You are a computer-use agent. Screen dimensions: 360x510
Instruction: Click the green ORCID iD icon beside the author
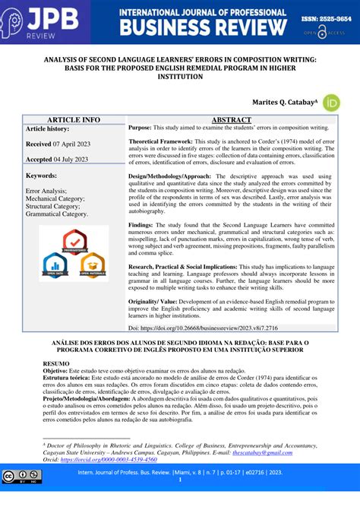tap(331, 103)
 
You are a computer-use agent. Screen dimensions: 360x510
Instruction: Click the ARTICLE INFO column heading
tap(74, 120)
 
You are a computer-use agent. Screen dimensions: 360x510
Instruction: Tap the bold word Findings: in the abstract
tap(141, 225)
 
